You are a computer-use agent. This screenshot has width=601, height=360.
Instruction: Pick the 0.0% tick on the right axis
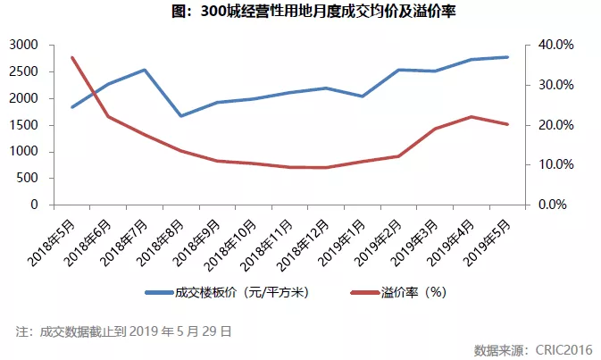554,205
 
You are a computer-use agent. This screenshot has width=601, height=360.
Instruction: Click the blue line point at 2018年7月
145,70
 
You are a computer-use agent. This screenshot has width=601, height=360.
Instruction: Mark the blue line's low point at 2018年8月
181,116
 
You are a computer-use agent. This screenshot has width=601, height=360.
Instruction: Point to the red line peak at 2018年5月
71,57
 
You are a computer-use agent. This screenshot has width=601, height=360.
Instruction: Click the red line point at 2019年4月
472,116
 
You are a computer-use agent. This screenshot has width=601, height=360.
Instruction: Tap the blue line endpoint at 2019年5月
508,57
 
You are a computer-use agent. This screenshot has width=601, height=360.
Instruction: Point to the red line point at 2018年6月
108,116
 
